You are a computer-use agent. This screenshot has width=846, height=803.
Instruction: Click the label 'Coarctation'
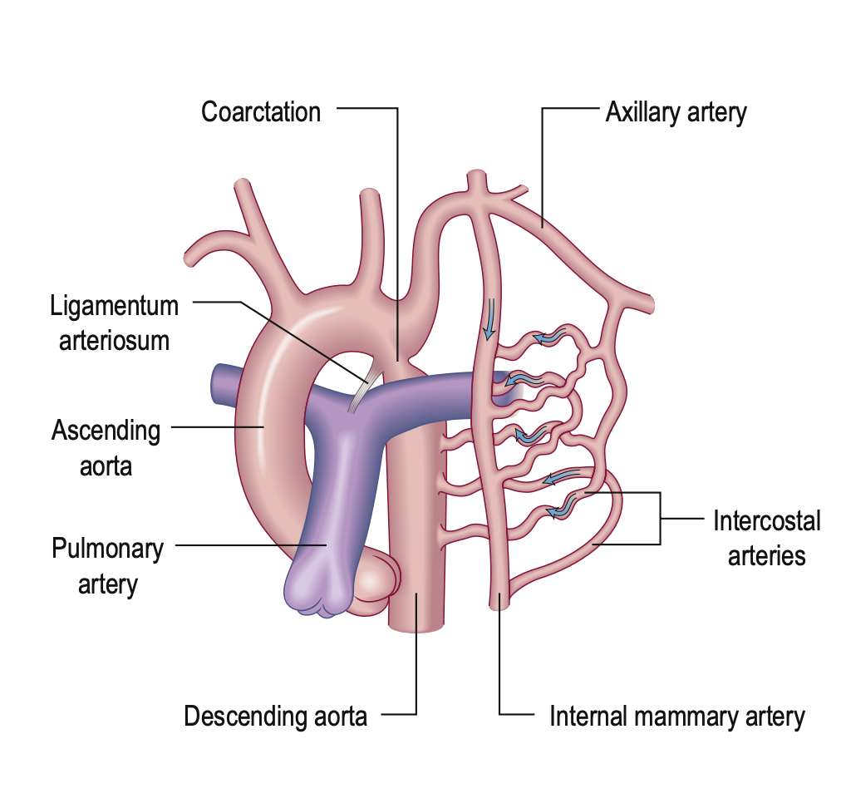click(x=260, y=112)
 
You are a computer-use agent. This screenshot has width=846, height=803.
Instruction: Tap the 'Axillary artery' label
click(x=676, y=112)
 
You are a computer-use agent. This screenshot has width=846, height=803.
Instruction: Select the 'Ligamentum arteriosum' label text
click(x=115, y=323)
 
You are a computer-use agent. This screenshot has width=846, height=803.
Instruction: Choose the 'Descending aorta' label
click(x=275, y=716)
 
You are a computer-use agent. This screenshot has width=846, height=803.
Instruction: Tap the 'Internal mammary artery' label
click(x=676, y=717)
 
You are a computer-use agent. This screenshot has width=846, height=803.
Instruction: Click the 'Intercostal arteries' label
click(x=766, y=538)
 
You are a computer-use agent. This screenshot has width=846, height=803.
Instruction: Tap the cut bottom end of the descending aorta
click(x=416, y=623)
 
